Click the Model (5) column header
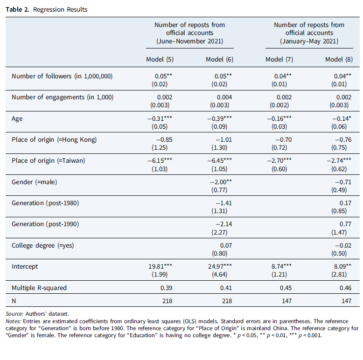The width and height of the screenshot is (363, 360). [x=160, y=60]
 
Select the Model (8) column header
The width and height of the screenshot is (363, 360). [x=339, y=60]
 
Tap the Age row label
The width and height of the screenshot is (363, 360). [x=17, y=119]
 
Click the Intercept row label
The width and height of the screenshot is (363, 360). [x=25, y=266]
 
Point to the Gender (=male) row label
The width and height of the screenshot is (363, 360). [x=34, y=182]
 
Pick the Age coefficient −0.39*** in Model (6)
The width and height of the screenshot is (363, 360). [x=219, y=118]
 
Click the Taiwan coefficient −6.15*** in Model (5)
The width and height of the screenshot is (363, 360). [x=160, y=160]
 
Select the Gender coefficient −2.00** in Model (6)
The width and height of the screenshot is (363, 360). [x=221, y=182]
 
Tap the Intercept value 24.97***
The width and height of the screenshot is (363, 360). [x=220, y=266]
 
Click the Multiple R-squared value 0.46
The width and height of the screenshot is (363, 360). [x=345, y=288]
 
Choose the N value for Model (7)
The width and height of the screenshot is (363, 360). [x=286, y=301]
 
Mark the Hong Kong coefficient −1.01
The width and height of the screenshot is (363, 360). [x=223, y=140]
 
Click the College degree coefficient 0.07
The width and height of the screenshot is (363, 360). [x=226, y=245]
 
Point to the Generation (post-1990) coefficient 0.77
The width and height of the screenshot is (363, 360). [x=345, y=224]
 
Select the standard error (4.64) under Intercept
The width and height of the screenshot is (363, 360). [x=219, y=274]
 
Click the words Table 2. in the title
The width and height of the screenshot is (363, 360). [x=18, y=9]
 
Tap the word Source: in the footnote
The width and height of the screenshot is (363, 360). [x=14, y=314]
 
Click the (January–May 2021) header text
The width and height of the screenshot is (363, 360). [x=309, y=41]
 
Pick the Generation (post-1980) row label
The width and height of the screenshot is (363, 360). [x=45, y=203]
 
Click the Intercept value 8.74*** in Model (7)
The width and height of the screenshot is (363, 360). [x=281, y=266]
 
